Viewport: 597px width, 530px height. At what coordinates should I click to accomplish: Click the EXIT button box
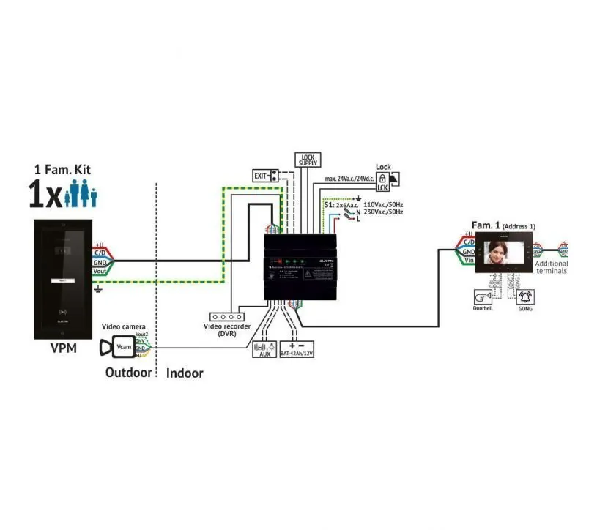[265, 176]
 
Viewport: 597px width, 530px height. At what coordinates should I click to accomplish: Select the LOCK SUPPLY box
[308, 160]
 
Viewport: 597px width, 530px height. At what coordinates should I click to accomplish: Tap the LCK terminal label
[382, 188]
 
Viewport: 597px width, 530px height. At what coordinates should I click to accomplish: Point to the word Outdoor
[128, 373]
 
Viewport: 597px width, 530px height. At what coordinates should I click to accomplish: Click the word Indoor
[185, 373]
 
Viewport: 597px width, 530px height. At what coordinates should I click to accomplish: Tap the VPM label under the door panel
[64, 348]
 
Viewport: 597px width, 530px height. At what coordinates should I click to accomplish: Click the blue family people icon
[81, 195]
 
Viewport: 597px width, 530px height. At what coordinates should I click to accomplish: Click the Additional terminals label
[551, 267]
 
